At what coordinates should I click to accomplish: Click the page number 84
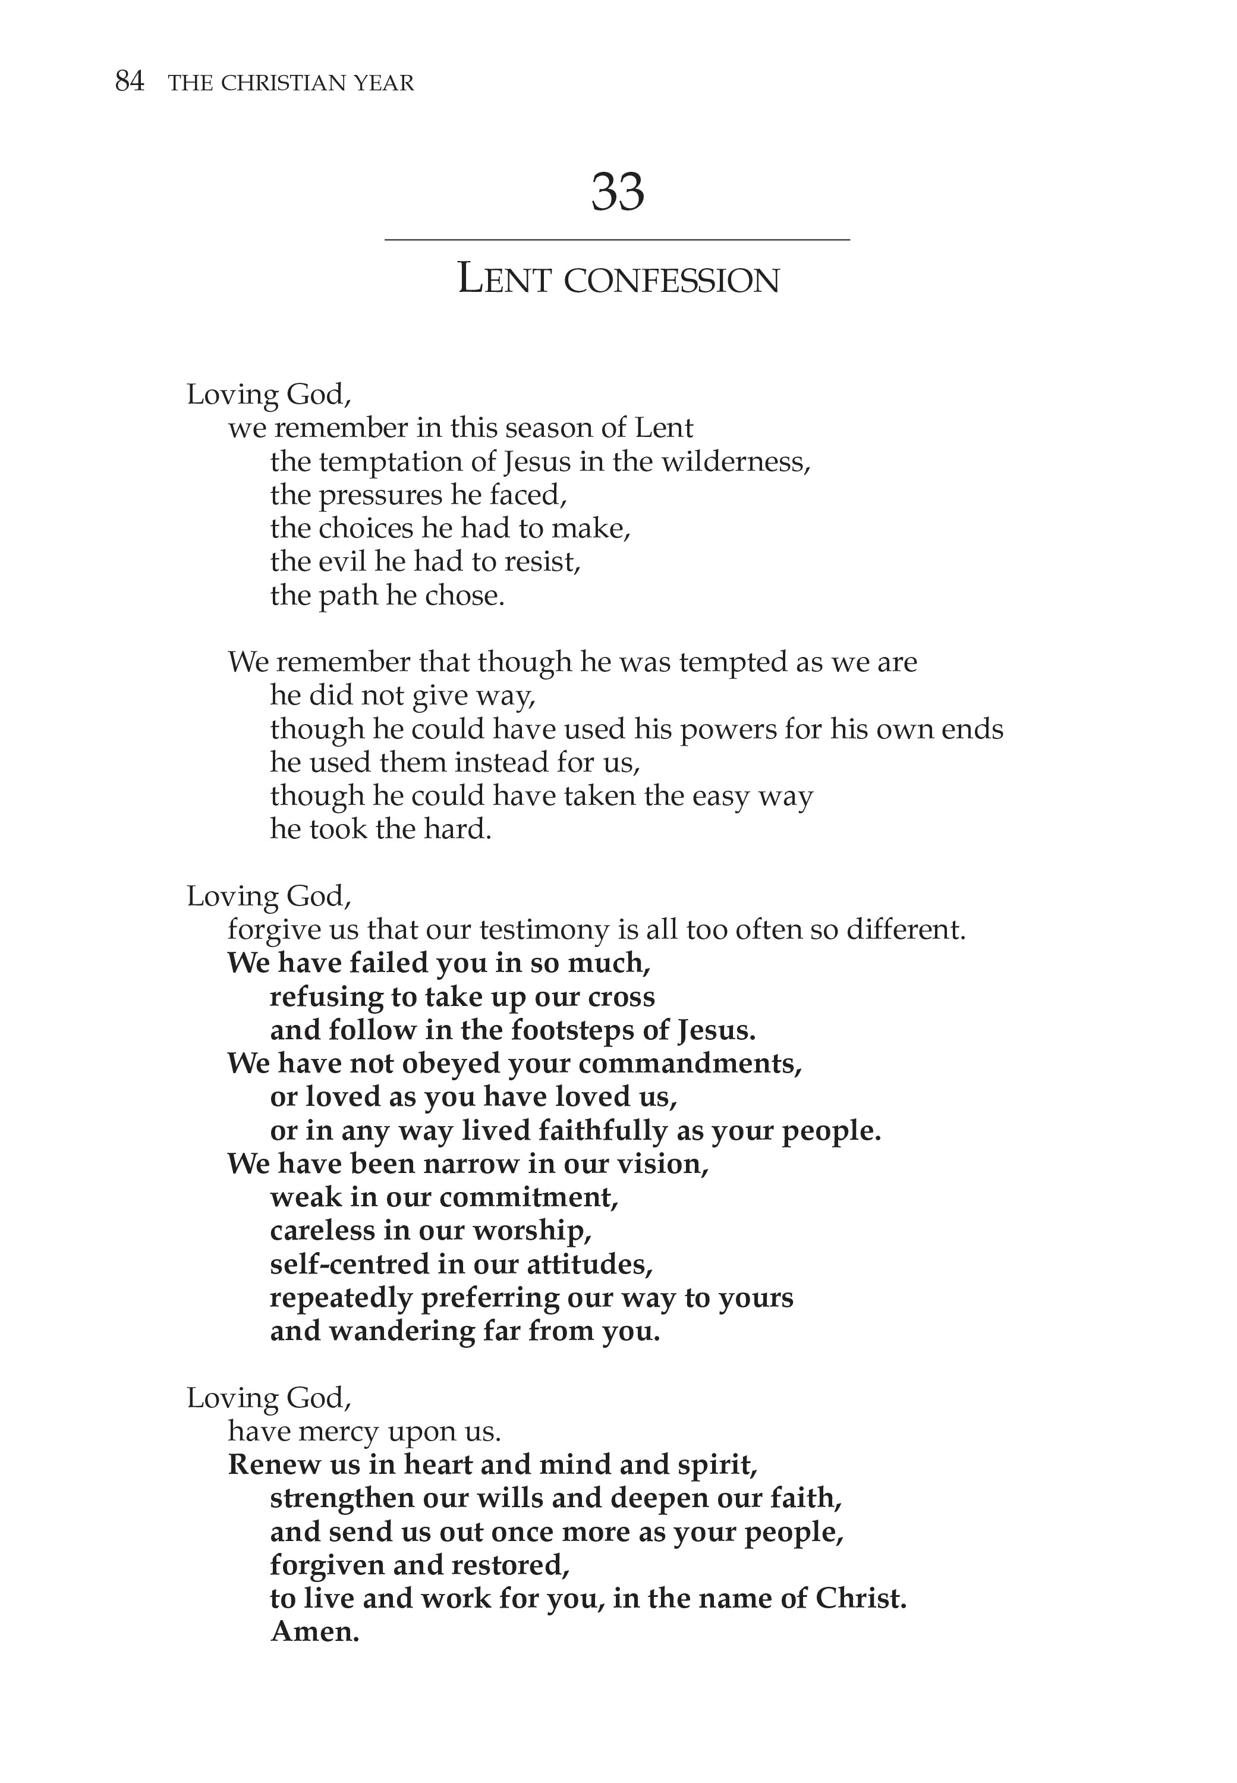130,81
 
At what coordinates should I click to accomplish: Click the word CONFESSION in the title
671,281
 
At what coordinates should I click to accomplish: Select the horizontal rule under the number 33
617,240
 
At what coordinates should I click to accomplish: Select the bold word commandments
689,1064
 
